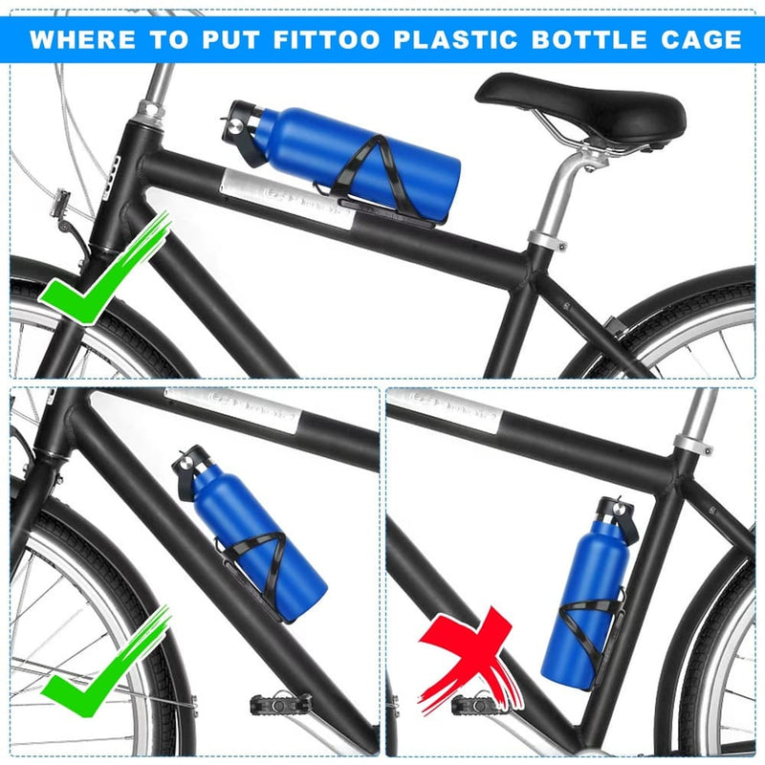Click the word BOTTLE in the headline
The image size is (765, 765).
586,39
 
